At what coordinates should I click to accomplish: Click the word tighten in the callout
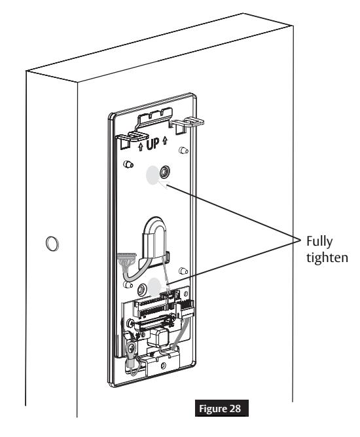coord(327,257)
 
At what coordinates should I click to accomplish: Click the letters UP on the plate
coord(153,143)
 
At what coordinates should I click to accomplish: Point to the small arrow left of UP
coord(141,147)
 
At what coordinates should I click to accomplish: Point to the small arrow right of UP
coord(165,140)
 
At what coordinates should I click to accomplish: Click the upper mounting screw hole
coord(165,172)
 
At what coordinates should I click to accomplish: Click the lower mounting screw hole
coord(143,290)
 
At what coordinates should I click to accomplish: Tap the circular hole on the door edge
coord(52,244)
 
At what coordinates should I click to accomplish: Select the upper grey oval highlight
coord(153,175)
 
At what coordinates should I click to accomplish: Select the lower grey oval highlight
coord(154,287)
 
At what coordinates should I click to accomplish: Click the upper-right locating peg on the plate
coord(183,151)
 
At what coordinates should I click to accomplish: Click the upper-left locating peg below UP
coord(128,164)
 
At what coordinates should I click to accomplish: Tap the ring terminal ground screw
coord(130,348)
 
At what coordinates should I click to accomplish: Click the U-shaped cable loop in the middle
coord(154,237)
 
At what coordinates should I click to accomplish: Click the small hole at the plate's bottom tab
coord(164,366)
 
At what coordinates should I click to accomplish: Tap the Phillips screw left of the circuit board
coord(130,324)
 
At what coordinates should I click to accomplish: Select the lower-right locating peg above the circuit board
coord(183,271)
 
